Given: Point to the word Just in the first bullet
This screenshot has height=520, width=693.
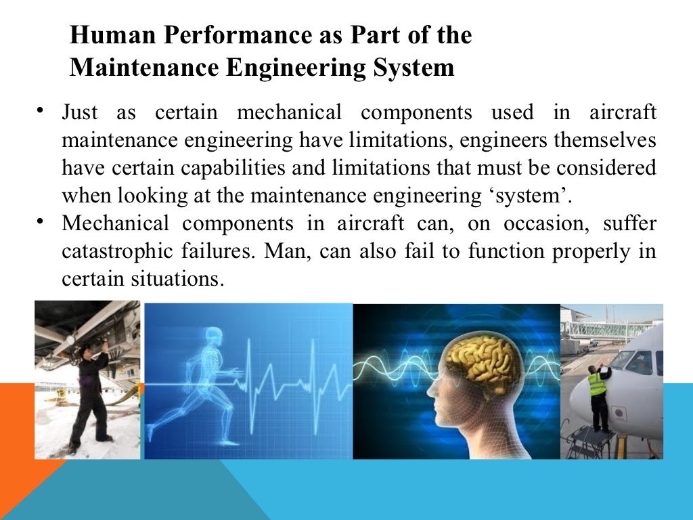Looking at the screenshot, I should [79, 112].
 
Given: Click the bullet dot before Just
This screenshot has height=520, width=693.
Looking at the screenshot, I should [42, 109].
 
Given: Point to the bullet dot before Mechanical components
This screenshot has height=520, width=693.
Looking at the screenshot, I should [42, 221].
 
